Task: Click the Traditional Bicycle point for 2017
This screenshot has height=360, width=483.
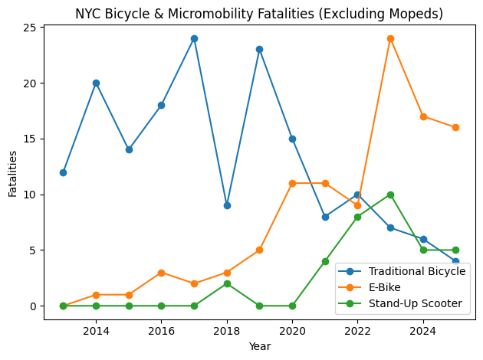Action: pyautogui.click(x=194, y=38)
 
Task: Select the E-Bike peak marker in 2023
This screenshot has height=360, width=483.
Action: pyautogui.click(x=390, y=38)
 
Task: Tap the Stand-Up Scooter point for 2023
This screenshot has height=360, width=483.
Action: pyautogui.click(x=390, y=195)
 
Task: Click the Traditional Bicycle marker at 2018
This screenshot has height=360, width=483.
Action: pyautogui.click(x=227, y=205)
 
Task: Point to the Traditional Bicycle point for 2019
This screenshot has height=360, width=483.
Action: pyautogui.click(x=259, y=49)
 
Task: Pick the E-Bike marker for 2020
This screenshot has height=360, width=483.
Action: pyautogui.click(x=292, y=183)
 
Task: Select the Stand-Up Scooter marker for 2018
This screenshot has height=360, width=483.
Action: pyautogui.click(x=227, y=283)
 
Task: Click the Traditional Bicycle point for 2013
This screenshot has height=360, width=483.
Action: pyautogui.click(x=63, y=172)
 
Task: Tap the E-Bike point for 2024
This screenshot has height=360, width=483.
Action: pyautogui.click(x=423, y=116)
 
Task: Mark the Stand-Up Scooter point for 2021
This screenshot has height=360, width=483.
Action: pyautogui.click(x=325, y=261)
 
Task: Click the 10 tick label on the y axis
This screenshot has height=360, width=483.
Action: pyautogui.click(x=31, y=195)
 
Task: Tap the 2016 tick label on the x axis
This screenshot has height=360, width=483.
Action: pyautogui.click(x=161, y=331)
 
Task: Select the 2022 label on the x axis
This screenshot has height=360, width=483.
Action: pyautogui.click(x=357, y=331)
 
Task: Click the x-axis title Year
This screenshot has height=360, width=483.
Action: pyautogui.click(x=259, y=347)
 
